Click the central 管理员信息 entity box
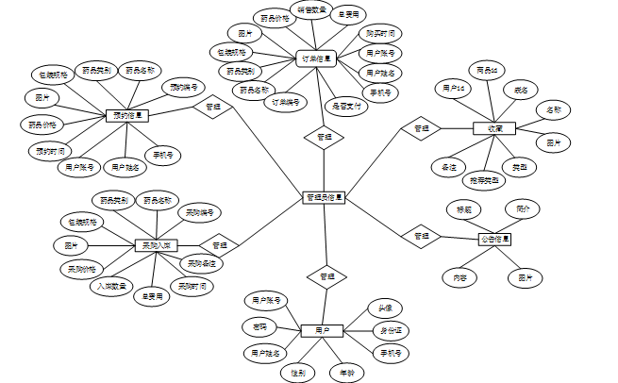(325, 198)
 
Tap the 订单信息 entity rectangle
(316, 58)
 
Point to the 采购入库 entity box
(156, 245)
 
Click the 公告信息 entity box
(493, 239)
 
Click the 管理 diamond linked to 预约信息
(212, 107)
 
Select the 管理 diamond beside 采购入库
(219, 245)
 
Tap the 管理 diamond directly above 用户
(326, 277)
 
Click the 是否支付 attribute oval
(346, 107)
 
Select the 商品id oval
(487, 70)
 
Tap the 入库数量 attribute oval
(112, 284)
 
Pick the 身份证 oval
(390, 330)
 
